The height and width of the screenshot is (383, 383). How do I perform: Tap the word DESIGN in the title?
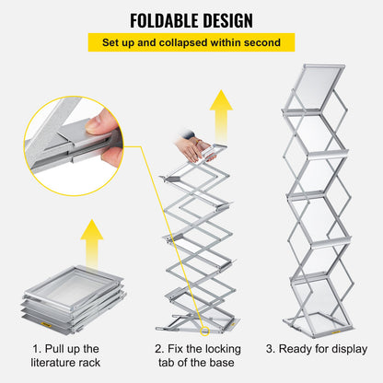(231, 19)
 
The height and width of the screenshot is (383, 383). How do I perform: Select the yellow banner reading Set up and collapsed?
(191, 43)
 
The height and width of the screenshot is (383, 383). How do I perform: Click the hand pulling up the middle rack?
(193, 146)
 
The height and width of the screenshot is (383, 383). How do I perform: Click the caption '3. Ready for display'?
(316, 350)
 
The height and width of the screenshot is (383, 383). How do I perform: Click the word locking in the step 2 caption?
(220, 350)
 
